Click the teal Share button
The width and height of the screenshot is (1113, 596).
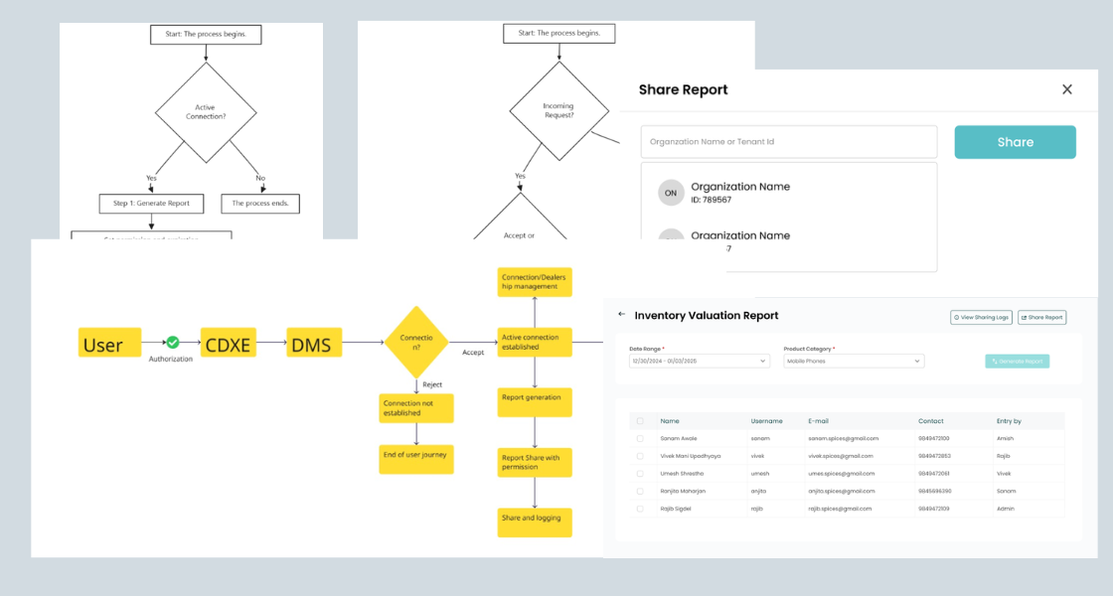[1015, 142]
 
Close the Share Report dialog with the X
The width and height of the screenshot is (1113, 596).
[1067, 89]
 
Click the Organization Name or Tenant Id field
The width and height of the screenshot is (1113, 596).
[788, 142]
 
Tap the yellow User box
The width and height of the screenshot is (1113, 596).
[109, 344]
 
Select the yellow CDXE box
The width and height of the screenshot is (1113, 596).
[229, 344]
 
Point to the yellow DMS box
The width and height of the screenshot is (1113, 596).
[314, 344]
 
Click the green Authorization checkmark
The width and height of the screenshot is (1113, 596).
[172, 343]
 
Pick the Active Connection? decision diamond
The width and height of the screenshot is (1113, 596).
[206, 112]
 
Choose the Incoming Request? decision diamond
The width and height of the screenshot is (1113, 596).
[558, 111]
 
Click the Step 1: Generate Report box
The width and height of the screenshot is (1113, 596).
[151, 204]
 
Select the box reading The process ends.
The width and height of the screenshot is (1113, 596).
[259, 204]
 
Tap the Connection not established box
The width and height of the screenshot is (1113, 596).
[416, 408]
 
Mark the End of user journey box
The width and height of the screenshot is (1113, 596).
[416, 459]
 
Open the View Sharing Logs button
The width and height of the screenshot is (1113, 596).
[981, 317]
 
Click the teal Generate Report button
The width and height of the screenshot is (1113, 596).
[1017, 361]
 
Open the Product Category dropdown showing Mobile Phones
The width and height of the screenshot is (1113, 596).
[853, 361]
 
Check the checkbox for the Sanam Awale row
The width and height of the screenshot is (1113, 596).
[639, 438]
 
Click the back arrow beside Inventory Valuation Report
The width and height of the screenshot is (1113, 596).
[622, 314]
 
